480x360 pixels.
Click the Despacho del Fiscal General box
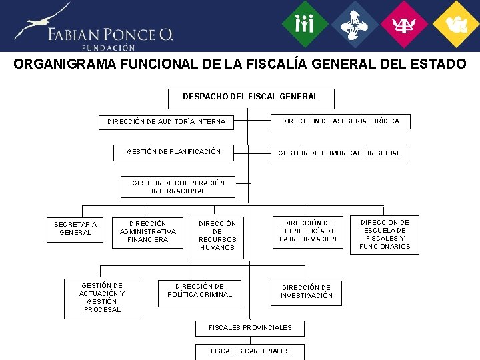click(x=251, y=97)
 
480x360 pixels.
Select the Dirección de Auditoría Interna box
click(x=166, y=122)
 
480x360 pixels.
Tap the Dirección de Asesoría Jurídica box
click(x=340, y=121)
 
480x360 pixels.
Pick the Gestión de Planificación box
click(x=174, y=152)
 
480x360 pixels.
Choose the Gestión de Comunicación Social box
click(x=339, y=153)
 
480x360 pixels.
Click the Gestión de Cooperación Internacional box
click(x=178, y=187)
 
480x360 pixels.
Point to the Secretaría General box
click(x=75, y=229)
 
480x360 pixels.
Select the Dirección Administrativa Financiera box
click(x=148, y=231)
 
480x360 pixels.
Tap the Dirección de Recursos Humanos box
click(x=217, y=236)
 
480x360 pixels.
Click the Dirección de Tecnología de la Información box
click(x=308, y=231)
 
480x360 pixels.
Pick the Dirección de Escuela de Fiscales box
click(x=385, y=235)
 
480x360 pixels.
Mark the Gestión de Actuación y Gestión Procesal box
click(x=102, y=298)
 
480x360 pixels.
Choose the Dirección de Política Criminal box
click(x=200, y=291)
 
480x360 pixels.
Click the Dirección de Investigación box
click(x=307, y=292)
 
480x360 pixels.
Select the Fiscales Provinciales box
click(x=250, y=328)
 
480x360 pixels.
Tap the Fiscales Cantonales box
click(x=250, y=351)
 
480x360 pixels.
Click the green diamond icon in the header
click(x=304, y=25)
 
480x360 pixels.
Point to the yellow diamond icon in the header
click(x=457, y=25)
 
